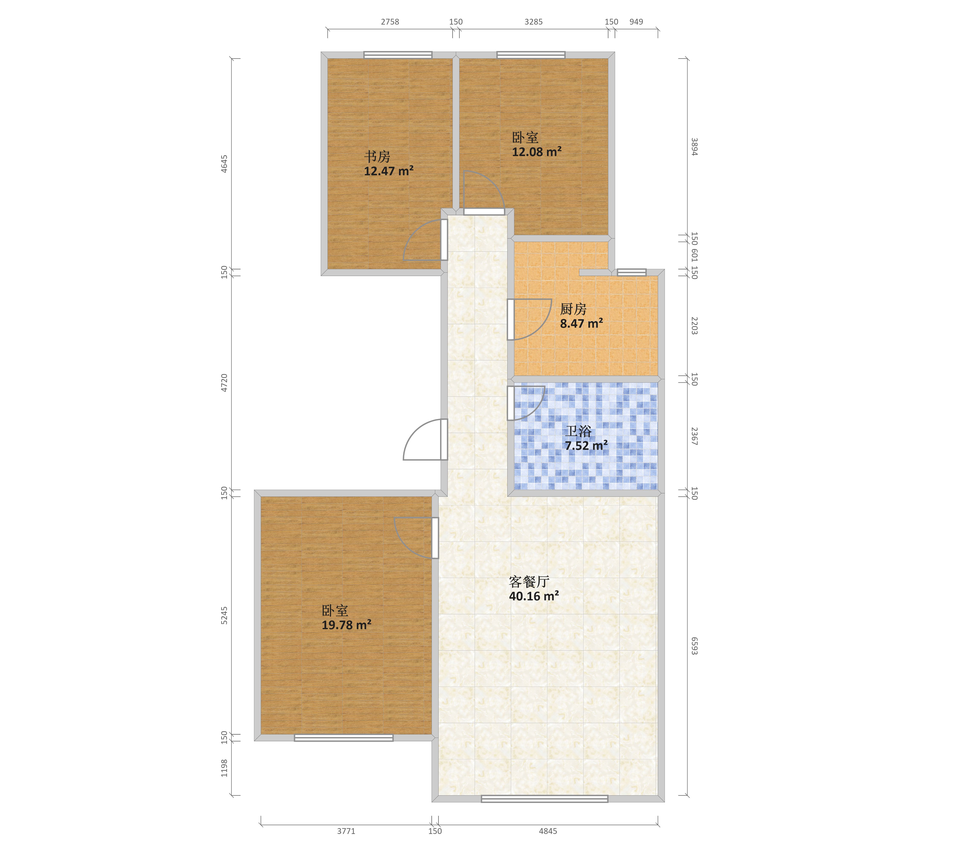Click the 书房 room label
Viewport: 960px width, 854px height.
(x=377, y=156)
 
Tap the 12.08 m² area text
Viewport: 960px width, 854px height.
(x=536, y=152)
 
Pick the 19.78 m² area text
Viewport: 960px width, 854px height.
(x=346, y=625)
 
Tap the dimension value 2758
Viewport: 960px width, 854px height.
(x=390, y=22)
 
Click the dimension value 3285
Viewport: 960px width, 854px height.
(x=534, y=22)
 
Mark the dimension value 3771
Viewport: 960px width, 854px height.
(x=346, y=831)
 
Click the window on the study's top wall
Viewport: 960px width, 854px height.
(x=398, y=55)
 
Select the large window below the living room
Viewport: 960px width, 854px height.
(x=544, y=798)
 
